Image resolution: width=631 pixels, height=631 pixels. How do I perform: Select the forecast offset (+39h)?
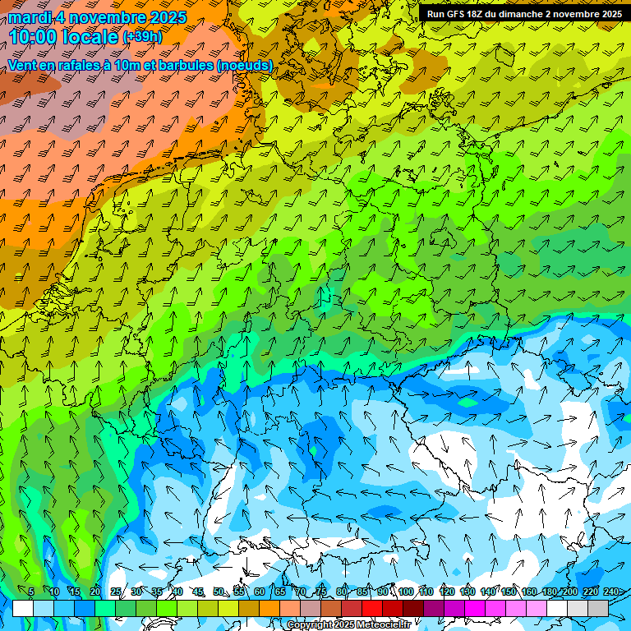pyautogui.click(x=142, y=37)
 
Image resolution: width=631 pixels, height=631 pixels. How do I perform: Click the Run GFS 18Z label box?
pyautogui.click(x=523, y=13)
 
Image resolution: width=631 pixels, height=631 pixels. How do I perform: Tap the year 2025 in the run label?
pyautogui.click(x=607, y=13)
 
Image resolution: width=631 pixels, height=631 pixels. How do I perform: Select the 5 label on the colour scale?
pyautogui.click(x=31, y=592)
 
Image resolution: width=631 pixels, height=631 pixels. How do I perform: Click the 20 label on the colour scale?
pyautogui.click(x=95, y=592)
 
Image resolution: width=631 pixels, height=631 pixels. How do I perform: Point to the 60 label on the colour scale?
pyautogui.click(x=260, y=592)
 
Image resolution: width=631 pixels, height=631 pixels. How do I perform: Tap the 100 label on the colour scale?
pyautogui.click(x=406, y=592)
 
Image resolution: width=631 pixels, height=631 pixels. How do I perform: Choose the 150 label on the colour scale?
pyautogui.click(x=508, y=592)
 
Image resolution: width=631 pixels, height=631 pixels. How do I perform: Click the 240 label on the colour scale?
pyautogui.click(x=611, y=592)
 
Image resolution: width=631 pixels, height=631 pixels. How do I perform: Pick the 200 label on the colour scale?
pyautogui.click(x=569, y=592)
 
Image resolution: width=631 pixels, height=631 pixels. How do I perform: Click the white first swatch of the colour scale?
pyautogui.click(x=23, y=608)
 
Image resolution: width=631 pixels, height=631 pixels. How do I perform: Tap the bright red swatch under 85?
pyautogui.click(x=372, y=608)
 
